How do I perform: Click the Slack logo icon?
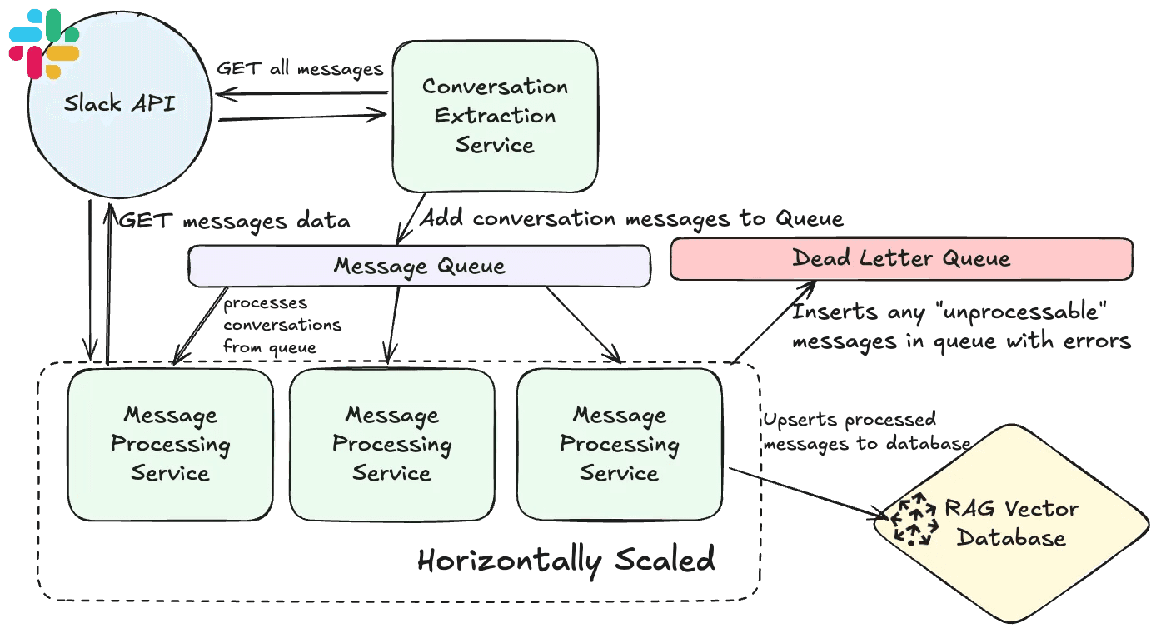[44, 43]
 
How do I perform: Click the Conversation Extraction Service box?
[495, 116]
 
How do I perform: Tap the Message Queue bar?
[419, 266]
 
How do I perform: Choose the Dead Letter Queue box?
[901, 258]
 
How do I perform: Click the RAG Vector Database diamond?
[1011, 523]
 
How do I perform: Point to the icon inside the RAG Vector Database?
[914, 519]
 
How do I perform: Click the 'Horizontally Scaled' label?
[566, 560]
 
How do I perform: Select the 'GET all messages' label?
[300, 68]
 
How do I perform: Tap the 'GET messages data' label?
[234, 221]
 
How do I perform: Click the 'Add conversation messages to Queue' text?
[630, 218]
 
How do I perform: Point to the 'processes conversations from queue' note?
[282, 325]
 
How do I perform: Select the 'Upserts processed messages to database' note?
[866, 431]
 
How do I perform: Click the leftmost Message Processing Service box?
[171, 444]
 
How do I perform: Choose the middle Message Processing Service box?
[392, 444]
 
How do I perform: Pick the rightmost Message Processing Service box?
[620, 444]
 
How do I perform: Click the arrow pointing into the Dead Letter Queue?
[775, 321]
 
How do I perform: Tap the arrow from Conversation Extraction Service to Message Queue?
[411, 218]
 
